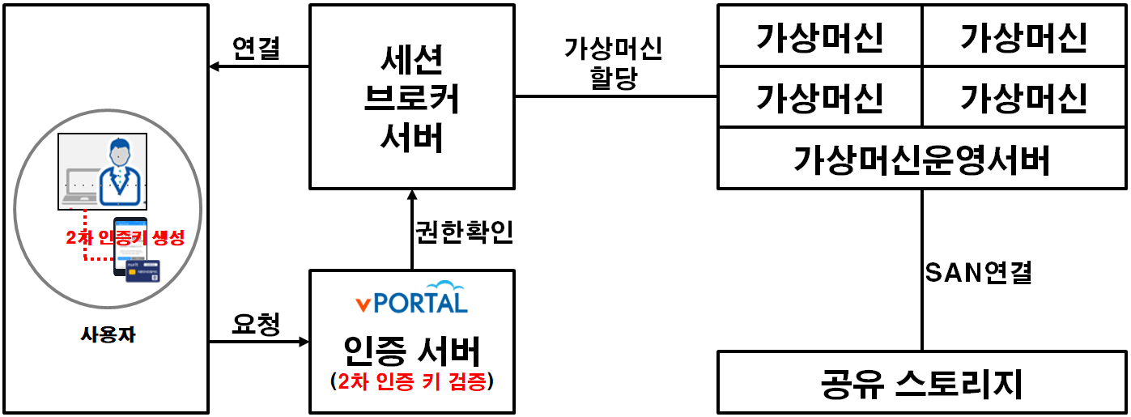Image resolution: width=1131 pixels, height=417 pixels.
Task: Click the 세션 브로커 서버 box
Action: pyautogui.click(x=412, y=97)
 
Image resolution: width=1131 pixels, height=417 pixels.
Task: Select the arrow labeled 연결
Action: pyautogui.click(x=259, y=66)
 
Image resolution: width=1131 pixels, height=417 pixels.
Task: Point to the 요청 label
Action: pyautogui.click(x=256, y=325)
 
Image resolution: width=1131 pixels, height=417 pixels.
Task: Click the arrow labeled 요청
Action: pyautogui.click(x=259, y=343)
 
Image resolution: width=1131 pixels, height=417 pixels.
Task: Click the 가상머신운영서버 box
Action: pyautogui.click(x=921, y=160)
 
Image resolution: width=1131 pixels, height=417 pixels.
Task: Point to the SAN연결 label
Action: pyautogui.click(x=978, y=273)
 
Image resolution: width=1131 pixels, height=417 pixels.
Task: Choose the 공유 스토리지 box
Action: pyautogui.click(x=921, y=383)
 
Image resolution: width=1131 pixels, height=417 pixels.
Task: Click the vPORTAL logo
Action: pyautogui.click(x=412, y=297)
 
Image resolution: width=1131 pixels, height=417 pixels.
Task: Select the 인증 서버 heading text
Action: pyautogui.click(x=412, y=351)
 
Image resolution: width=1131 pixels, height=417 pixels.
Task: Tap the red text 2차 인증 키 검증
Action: pyautogui.click(x=412, y=382)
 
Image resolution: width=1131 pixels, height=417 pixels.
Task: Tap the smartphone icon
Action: pyautogui.click(x=129, y=243)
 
